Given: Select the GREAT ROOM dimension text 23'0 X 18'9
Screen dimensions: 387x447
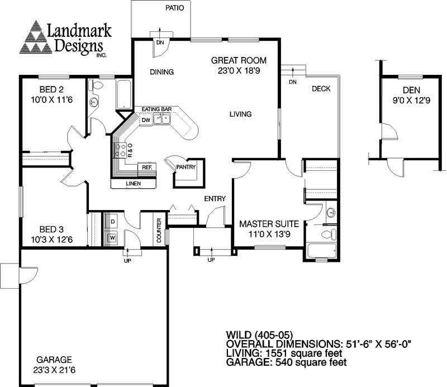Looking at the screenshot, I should coord(239,71).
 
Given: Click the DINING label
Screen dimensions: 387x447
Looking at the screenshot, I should coord(163,72).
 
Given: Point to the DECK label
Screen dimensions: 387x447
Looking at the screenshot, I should coord(321,89).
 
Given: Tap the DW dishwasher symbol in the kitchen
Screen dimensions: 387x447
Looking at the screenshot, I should coord(145,120).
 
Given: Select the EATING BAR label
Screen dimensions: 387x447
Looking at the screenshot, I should coord(155,109).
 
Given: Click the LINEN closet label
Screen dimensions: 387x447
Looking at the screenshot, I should coord(133,184).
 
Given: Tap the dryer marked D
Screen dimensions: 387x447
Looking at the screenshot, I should coord(112,222).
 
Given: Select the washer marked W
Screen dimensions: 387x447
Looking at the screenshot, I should coord(112,237).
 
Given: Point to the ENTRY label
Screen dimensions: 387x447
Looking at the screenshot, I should coord(215,199).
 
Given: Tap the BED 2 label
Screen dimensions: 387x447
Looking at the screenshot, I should coord(50,89).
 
